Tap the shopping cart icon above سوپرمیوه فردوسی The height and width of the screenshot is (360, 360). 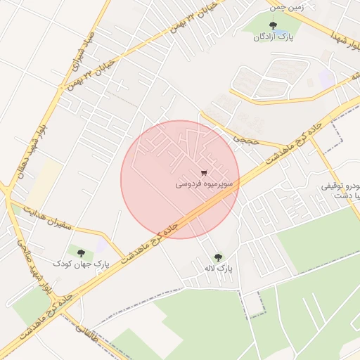(204, 172)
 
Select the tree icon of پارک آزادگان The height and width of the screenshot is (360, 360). (274, 26)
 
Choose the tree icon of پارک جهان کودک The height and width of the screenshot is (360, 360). (82, 252)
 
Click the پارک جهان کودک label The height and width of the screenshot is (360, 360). (82, 263)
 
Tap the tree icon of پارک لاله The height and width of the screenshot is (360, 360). (217, 257)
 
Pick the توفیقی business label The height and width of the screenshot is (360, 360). (342, 187)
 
